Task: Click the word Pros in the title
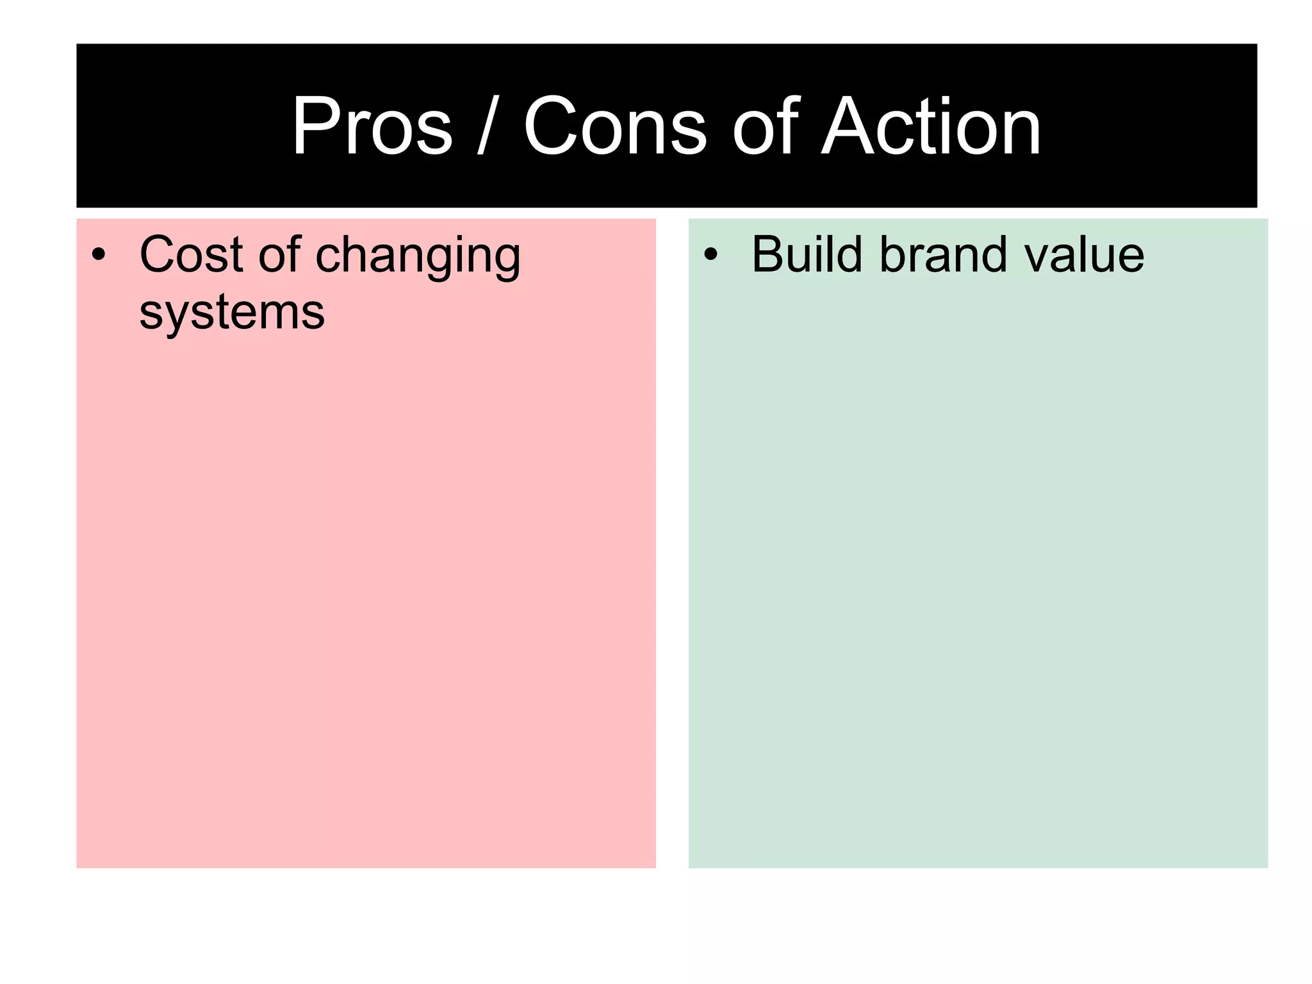tap(372, 126)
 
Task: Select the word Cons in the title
tap(614, 126)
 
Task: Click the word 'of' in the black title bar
tap(766, 126)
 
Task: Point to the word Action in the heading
tap(931, 126)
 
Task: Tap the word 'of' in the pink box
tap(279, 255)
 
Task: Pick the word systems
tap(232, 313)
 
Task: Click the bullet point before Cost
tap(98, 255)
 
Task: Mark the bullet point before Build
tap(710, 255)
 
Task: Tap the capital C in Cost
tap(158, 255)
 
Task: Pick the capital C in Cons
tap(551, 126)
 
